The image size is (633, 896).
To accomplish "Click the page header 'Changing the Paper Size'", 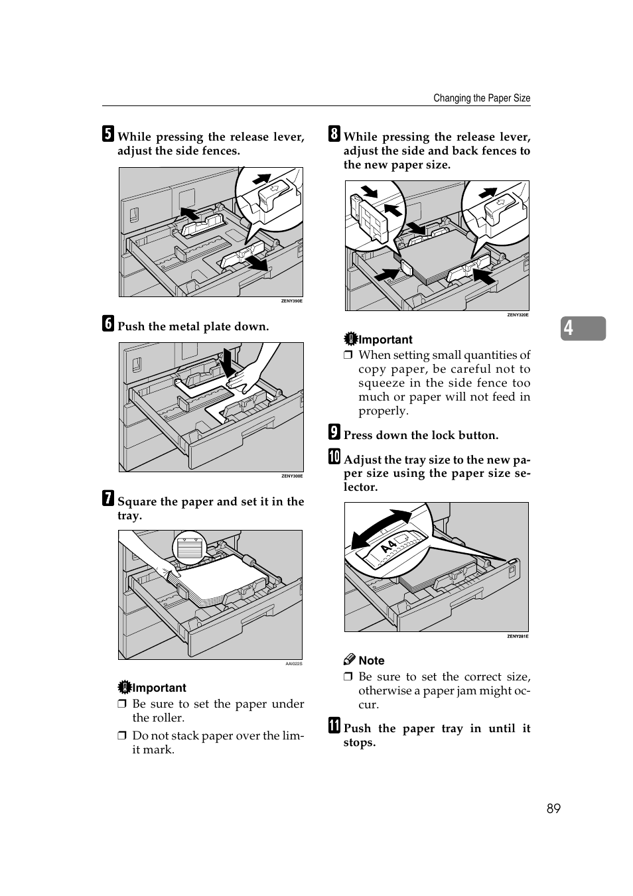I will click(482, 98).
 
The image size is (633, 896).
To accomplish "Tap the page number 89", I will click(553, 808).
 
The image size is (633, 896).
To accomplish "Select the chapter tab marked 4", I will click(583, 328).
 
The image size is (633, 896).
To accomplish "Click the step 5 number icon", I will click(107, 134).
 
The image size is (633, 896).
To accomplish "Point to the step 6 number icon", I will click(107, 324).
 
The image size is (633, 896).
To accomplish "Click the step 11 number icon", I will click(334, 726).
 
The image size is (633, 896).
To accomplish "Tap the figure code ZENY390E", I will click(291, 301).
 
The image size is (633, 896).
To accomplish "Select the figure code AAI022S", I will click(293, 664).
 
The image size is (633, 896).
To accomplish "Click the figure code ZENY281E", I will click(518, 637).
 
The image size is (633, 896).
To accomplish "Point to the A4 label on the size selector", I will click(389, 546).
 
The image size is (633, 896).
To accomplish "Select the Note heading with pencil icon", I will click(364, 660).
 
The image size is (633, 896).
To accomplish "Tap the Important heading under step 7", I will click(152, 688).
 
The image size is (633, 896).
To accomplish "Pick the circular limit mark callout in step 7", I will click(190, 548).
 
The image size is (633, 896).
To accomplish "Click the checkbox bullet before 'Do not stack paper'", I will click(122, 736).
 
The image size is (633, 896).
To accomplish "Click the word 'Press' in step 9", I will click(358, 435).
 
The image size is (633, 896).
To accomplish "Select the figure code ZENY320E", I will click(518, 315).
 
